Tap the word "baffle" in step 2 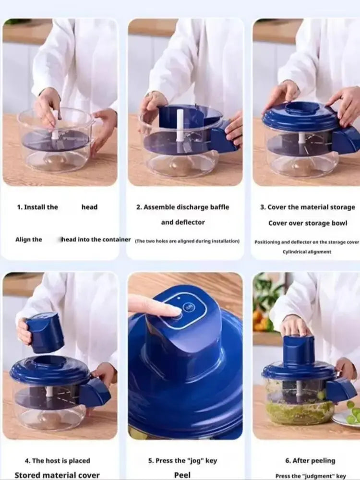click(x=217, y=207)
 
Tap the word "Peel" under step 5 click(x=182, y=475)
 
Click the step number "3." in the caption click(x=263, y=207)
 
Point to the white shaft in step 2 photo click(x=180, y=125)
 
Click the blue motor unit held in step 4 click(x=45, y=332)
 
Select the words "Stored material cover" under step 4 click(x=57, y=475)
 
